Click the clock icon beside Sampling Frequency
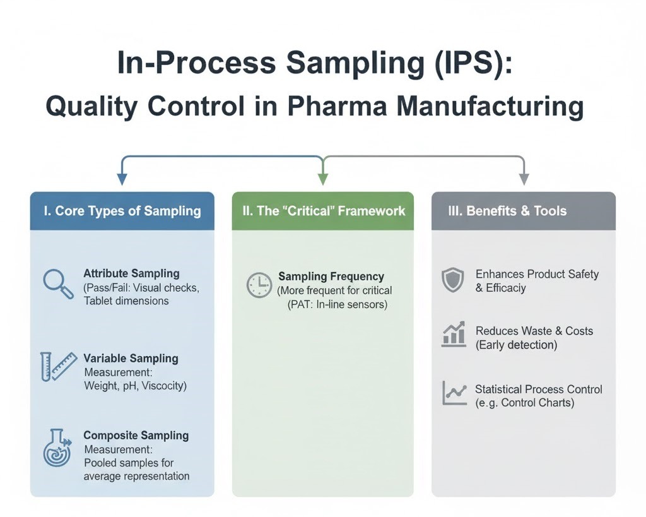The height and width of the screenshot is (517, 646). point(259,285)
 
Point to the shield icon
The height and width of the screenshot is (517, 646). point(452,280)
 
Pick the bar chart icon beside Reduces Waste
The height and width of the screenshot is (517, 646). point(453,335)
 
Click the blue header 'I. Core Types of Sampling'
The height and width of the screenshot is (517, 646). point(122,211)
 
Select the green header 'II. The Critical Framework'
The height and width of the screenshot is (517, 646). point(322,211)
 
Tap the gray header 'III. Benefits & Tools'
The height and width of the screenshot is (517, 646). point(523,211)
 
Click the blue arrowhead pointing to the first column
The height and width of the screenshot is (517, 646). point(122,179)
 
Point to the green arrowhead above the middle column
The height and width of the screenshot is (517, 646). point(323,179)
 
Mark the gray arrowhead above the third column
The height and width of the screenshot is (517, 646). point(524,179)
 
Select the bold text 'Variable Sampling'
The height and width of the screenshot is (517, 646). point(131,359)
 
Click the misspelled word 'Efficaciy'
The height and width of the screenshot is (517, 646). point(506,288)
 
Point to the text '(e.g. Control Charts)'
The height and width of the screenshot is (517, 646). point(525,403)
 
